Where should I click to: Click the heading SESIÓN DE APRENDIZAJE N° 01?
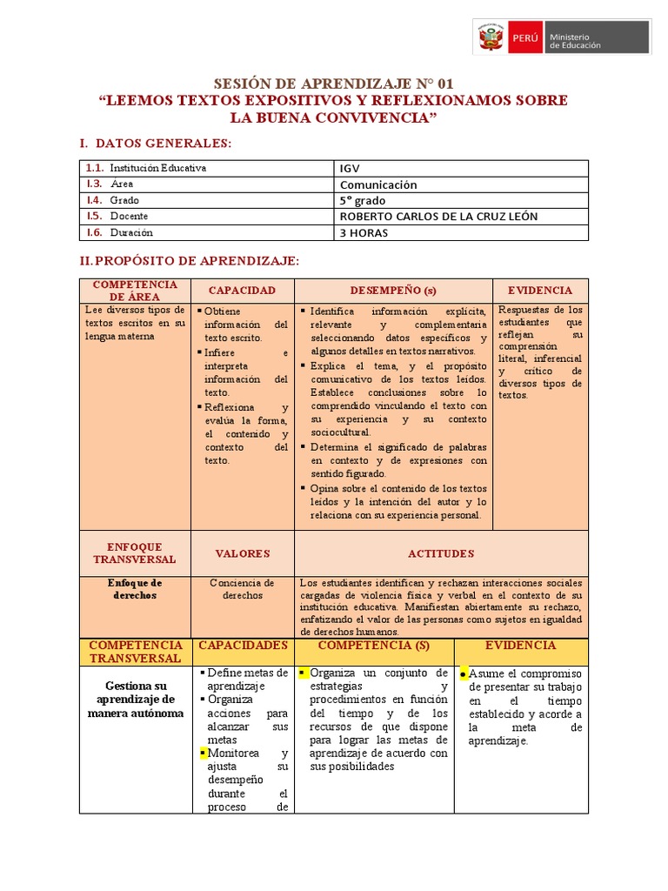[x=334, y=84]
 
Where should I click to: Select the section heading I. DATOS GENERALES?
[x=155, y=143]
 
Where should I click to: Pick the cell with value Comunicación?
[x=377, y=184]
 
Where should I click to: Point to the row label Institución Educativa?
[x=158, y=168]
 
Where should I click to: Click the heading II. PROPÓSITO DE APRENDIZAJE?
[x=189, y=261]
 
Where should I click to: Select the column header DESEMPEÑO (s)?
[x=394, y=290]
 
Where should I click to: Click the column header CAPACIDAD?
[x=242, y=290]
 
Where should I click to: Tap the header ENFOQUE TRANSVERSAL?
[x=134, y=553]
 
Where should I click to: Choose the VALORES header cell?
[x=242, y=553]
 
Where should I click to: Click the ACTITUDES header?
[x=441, y=553]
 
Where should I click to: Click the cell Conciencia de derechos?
[x=242, y=589]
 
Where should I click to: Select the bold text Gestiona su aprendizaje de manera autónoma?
[x=134, y=700]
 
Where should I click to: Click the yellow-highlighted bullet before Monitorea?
[x=202, y=753]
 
